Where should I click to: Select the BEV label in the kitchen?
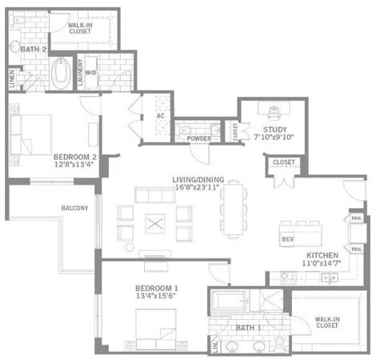[x=286, y=239]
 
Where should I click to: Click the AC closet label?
[x=160, y=116]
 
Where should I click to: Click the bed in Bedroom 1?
[x=156, y=328]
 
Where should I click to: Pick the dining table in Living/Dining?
[x=233, y=210]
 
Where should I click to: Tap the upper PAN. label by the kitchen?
[x=356, y=218]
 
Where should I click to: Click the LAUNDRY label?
[x=78, y=71]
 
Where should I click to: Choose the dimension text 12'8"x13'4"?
[x=75, y=166]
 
